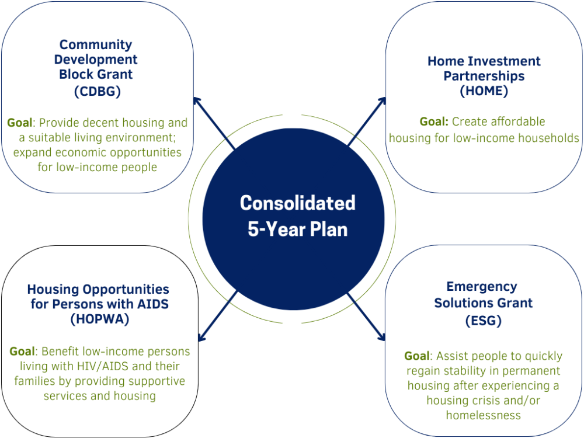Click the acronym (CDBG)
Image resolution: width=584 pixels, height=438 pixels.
(98, 91)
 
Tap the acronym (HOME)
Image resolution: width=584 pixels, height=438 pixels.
(484, 91)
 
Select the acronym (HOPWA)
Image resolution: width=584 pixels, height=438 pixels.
(100, 319)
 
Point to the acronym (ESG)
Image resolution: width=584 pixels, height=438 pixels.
(484, 321)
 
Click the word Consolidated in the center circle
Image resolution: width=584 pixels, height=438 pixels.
(298, 203)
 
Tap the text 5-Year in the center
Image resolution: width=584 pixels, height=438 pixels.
(276, 230)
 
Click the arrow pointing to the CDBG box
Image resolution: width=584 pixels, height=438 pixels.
(214, 123)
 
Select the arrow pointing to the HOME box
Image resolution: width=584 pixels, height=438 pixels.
(367, 121)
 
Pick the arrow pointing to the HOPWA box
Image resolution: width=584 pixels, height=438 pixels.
(218, 316)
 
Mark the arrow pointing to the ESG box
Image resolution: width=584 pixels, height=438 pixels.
(366, 317)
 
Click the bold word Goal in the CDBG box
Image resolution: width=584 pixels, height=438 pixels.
(20, 123)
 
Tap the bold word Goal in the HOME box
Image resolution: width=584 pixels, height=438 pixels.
(434, 121)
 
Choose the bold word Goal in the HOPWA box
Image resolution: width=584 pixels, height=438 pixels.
(22, 351)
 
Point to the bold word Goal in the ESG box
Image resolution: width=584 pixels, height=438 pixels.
(417, 356)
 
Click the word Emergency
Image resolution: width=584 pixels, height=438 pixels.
(482, 287)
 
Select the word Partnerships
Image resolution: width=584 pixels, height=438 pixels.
(484, 76)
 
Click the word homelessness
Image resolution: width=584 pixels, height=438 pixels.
(484, 415)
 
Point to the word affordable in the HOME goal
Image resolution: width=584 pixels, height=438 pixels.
(498, 121)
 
